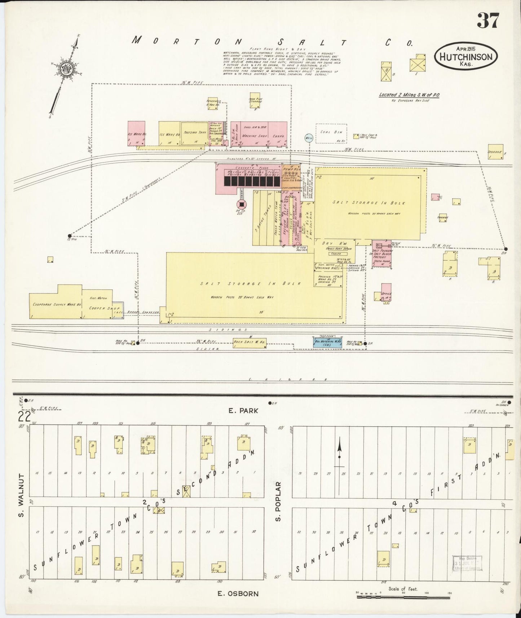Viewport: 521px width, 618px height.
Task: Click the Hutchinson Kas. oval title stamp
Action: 465,57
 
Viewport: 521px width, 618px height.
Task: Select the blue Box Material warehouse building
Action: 327,342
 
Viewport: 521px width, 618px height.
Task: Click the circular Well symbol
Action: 309,138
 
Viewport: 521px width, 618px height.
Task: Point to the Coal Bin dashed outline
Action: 331,134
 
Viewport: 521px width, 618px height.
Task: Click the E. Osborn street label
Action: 238,593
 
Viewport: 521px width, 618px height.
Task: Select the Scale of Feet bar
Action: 403,597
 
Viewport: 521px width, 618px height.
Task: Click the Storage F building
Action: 495,152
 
